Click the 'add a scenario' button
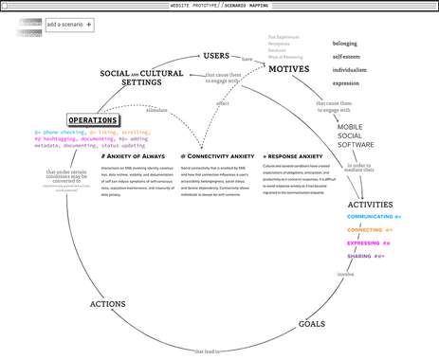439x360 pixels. point(70,25)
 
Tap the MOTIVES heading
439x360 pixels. point(288,68)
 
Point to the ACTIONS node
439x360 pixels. point(108,304)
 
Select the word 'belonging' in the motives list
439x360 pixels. point(350,44)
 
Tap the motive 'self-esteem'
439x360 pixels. point(351,57)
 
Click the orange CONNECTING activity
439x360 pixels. point(368,229)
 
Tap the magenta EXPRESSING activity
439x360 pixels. point(367,243)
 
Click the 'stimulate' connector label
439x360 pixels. point(156,111)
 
